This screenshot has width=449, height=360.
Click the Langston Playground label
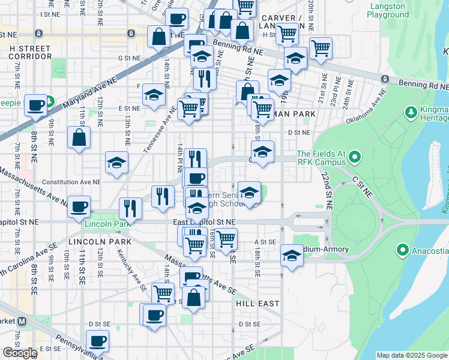(393, 10)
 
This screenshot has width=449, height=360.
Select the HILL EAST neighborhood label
(257, 304)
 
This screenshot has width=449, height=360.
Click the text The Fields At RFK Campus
(321, 158)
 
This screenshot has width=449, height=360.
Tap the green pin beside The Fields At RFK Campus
(354, 158)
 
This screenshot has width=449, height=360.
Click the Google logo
(20, 353)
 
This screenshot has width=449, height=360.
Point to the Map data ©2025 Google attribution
(412, 355)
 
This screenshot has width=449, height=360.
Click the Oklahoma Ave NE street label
(369, 107)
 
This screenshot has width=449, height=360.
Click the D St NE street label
(299, 132)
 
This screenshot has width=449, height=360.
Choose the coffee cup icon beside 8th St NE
(35, 105)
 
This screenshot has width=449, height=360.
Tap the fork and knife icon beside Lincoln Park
(130, 208)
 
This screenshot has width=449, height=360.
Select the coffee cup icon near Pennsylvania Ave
(97, 341)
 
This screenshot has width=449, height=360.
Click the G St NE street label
(128, 58)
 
